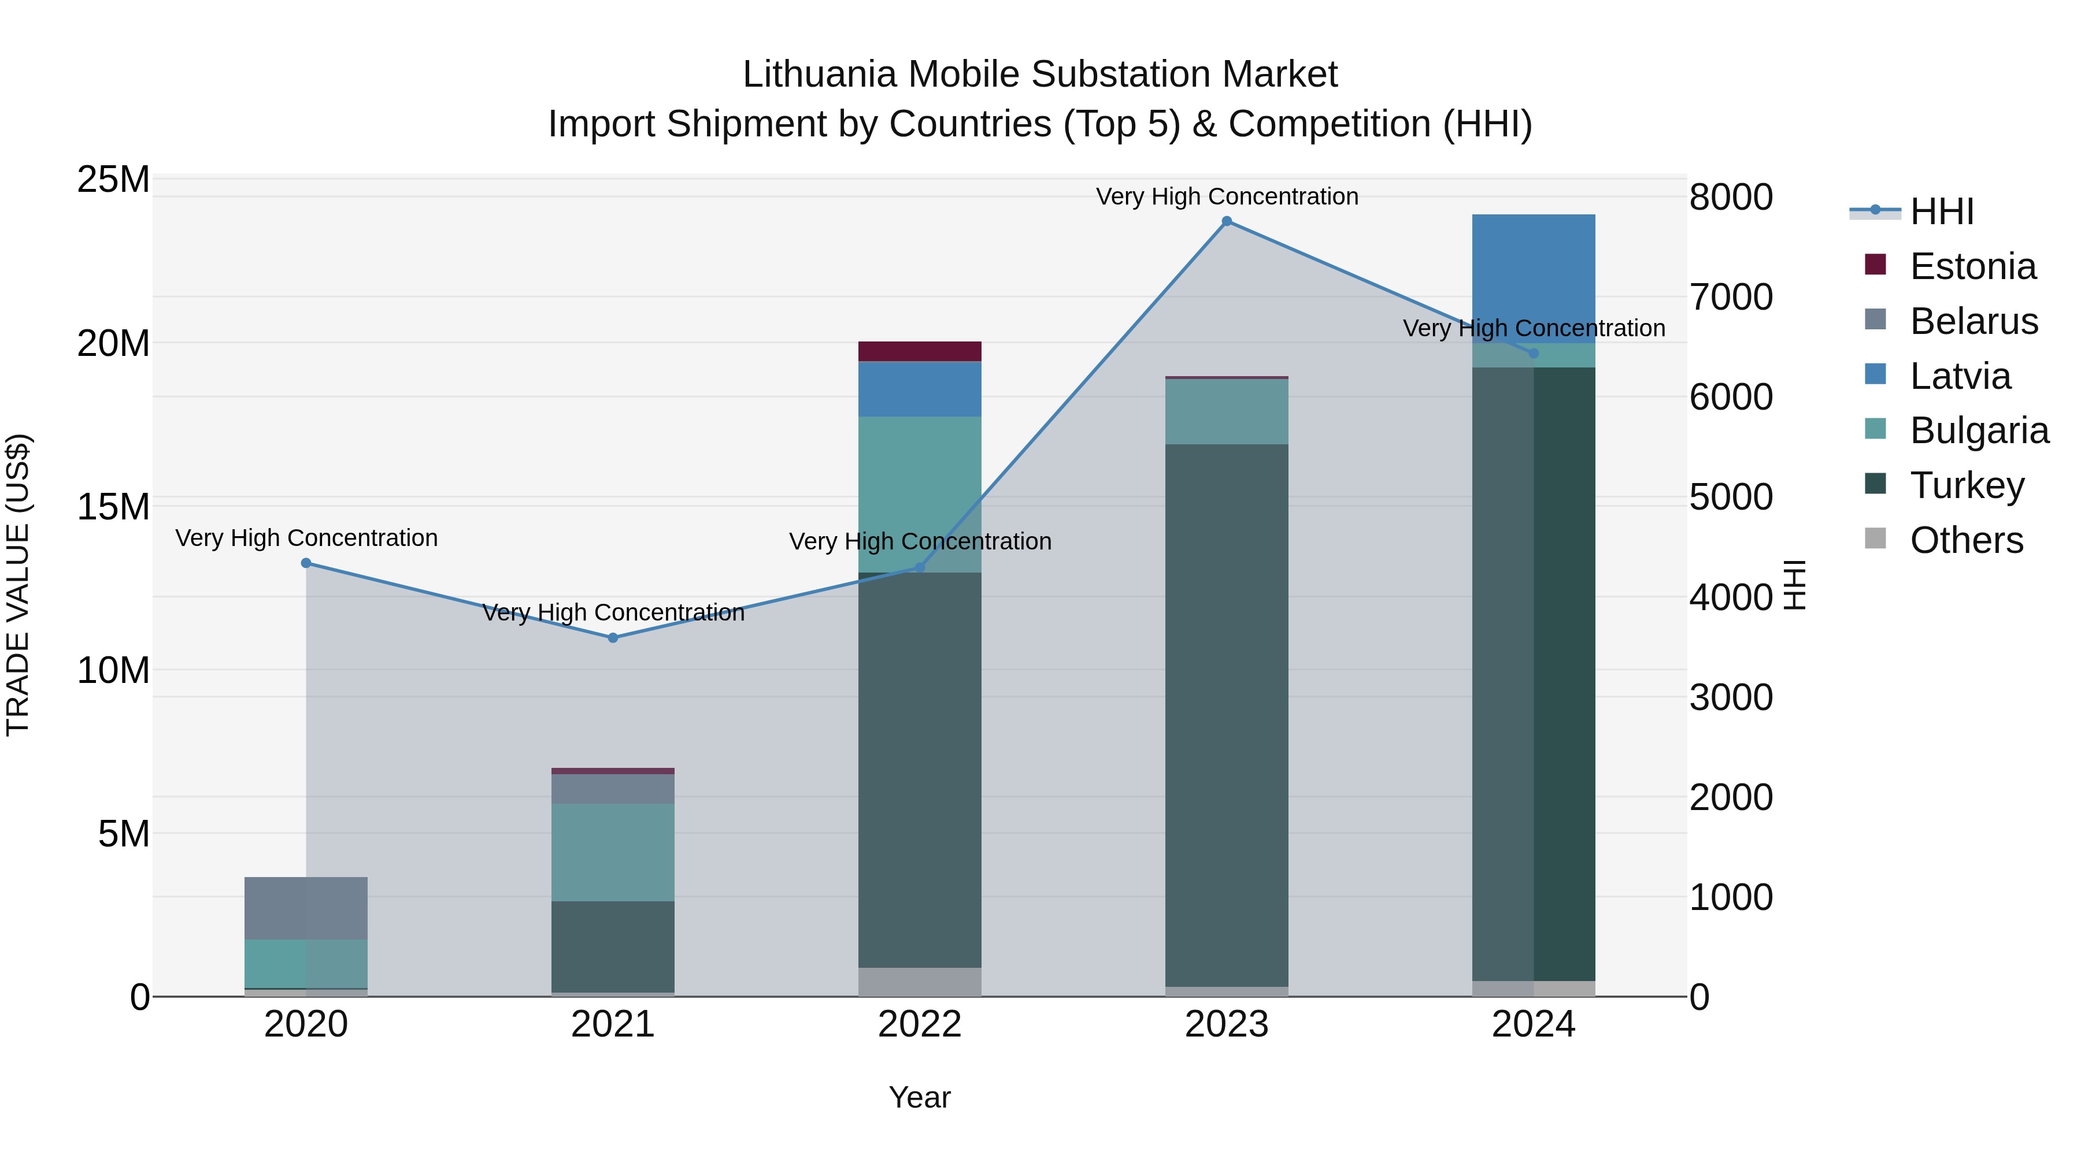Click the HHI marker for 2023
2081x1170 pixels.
tap(1226, 221)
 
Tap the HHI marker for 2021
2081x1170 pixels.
tap(612, 638)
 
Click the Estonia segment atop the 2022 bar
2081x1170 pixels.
tap(919, 351)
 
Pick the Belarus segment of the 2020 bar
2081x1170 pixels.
tap(305, 908)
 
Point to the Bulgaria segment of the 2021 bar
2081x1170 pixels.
tap(612, 852)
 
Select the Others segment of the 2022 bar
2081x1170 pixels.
tap(919, 981)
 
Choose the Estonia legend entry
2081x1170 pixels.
tap(1972, 266)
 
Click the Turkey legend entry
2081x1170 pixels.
tap(1967, 485)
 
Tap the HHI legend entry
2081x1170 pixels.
tap(1941, 211)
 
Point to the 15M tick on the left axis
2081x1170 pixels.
tap(113, 507)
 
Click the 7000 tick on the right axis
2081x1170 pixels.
tap(1730, 297)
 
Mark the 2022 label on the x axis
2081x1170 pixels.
tap(919, 1024)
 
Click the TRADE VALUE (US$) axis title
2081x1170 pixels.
tap(18, 585)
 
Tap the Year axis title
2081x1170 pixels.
tap(919, 1097)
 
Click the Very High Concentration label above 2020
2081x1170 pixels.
tap(306, 538)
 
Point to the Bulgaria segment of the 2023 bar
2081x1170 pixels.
tap(1226, 411)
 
